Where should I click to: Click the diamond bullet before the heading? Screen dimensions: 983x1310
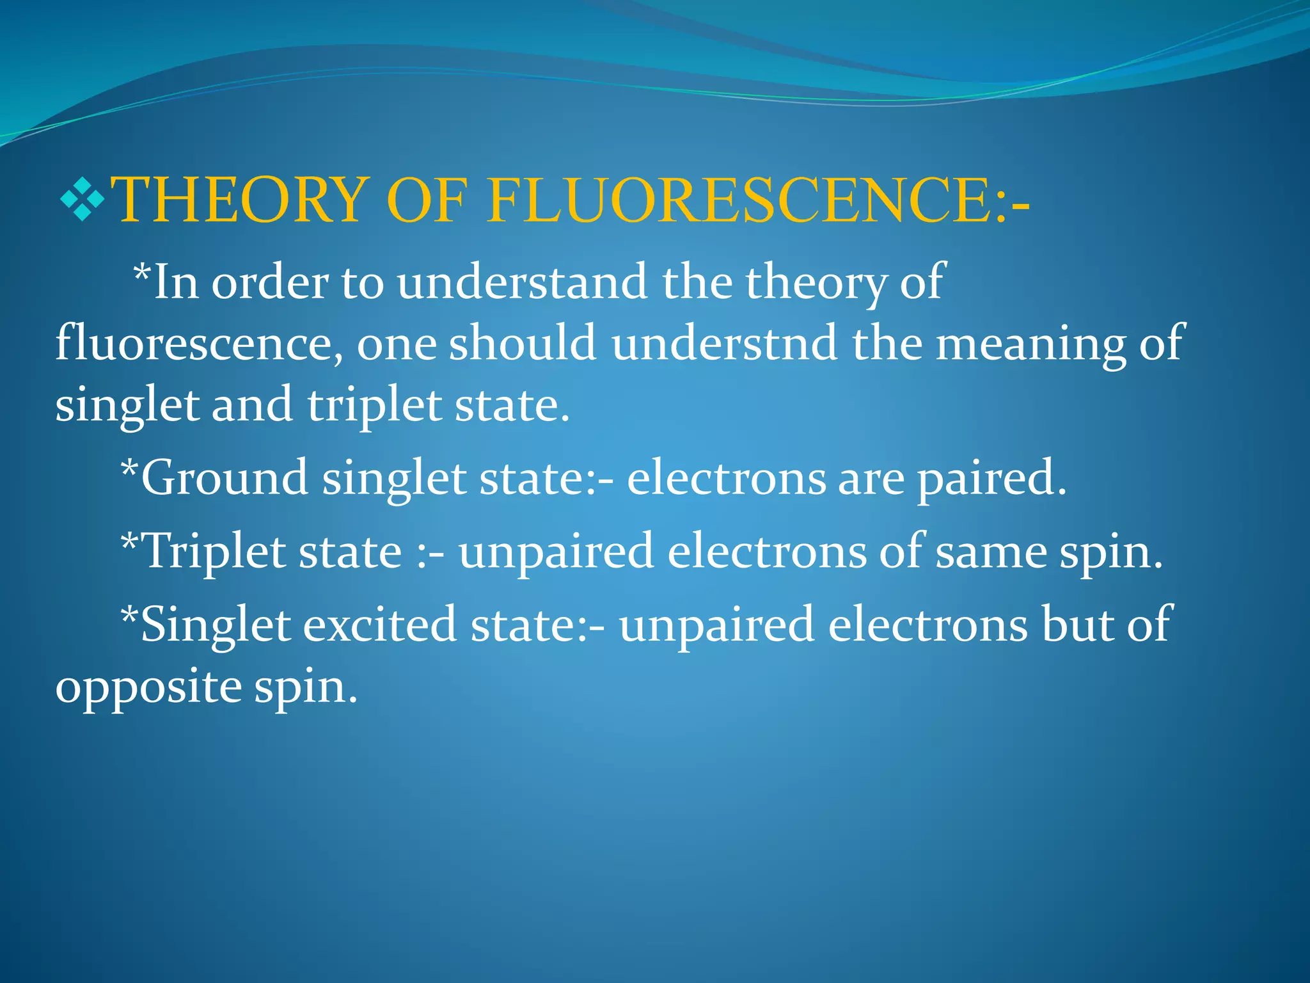(82, 199)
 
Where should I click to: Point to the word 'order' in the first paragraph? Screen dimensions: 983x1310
(270, 283)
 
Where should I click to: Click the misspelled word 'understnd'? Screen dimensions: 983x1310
(724, 344)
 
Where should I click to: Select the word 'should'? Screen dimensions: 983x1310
(523, 344)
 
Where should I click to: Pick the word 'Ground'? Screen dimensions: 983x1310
(225, 478)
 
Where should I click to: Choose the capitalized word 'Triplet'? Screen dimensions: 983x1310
(215, 552)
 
